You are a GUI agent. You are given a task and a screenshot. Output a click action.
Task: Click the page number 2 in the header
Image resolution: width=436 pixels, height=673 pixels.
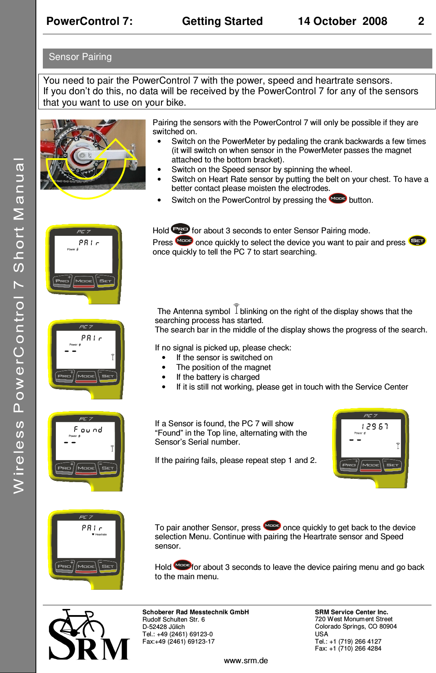click(x=421, y=21)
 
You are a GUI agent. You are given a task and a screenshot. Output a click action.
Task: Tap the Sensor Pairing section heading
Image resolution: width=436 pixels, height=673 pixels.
click(x=80, y=57)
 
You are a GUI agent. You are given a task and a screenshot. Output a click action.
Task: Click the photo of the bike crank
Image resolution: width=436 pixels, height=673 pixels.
click(x=93, y=155)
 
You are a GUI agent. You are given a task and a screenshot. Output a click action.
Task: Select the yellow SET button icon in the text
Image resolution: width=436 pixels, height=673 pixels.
click(x=417, y=241)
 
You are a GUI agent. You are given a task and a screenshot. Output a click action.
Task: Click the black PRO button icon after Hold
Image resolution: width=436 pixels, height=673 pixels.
click(x=180, y=229)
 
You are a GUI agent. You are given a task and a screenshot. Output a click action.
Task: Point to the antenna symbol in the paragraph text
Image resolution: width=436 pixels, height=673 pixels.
click(x=236, y=309)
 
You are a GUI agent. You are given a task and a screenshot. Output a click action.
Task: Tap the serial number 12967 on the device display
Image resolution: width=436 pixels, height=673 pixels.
click(x=375, y=426)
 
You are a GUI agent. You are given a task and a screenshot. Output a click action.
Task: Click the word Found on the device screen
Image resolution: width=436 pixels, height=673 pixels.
click(x=88, y=429)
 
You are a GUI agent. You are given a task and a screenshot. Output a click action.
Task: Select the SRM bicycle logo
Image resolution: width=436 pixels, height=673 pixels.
click(x=89, y=635)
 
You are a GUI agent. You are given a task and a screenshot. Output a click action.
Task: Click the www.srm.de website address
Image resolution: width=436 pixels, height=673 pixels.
click(x=246, y=661)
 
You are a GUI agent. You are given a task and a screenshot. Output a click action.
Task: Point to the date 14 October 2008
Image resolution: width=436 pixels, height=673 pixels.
click(x=342, y=21)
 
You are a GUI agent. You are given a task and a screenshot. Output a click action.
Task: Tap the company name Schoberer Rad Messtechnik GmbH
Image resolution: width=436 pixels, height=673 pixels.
click(x=195, y=612)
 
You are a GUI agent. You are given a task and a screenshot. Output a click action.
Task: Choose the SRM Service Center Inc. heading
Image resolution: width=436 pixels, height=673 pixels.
click(x=351, y=612)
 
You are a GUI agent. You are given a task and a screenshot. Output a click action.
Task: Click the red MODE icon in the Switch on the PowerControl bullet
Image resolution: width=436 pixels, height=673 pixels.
click(x=338, y=199)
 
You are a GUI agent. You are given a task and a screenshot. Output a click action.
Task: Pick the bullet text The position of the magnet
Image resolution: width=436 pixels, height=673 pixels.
click(x=224, y=367)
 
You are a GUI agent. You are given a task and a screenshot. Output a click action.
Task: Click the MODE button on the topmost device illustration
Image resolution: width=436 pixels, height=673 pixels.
click(x=84, y=281)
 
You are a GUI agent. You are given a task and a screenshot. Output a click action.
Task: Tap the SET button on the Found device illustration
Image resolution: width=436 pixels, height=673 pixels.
click(x=108, y=468)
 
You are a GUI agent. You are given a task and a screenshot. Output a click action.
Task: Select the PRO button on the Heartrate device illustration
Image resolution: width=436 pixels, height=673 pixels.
click(x=64, y=566)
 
